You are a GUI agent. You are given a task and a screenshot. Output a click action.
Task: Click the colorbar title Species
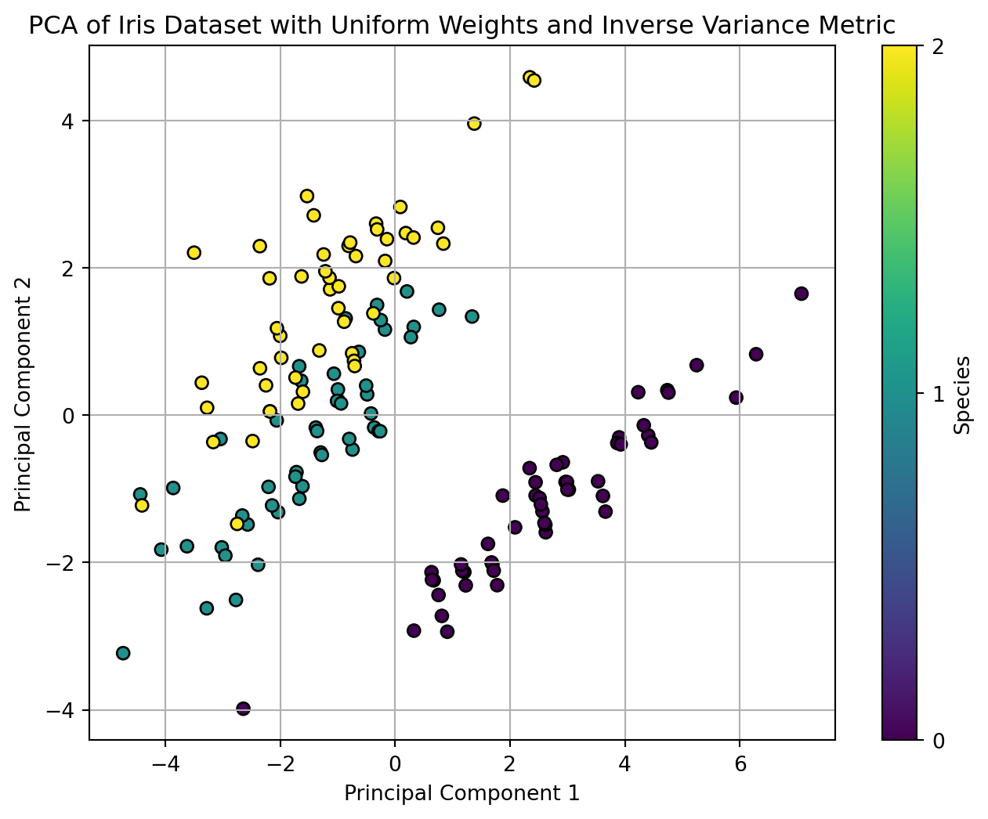click(964, 395)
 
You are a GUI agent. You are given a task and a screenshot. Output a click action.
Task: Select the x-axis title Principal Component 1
click(462, 793)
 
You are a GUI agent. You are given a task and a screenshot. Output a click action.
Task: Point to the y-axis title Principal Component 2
click(24, 393)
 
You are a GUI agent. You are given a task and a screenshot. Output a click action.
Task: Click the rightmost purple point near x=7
click(801, 294)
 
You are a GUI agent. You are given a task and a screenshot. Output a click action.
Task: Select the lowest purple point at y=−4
click(243, 709)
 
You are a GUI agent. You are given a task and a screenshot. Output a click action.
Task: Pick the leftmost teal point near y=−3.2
click(123, 653)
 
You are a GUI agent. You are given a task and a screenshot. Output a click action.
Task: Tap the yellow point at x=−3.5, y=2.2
click(194, 252)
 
